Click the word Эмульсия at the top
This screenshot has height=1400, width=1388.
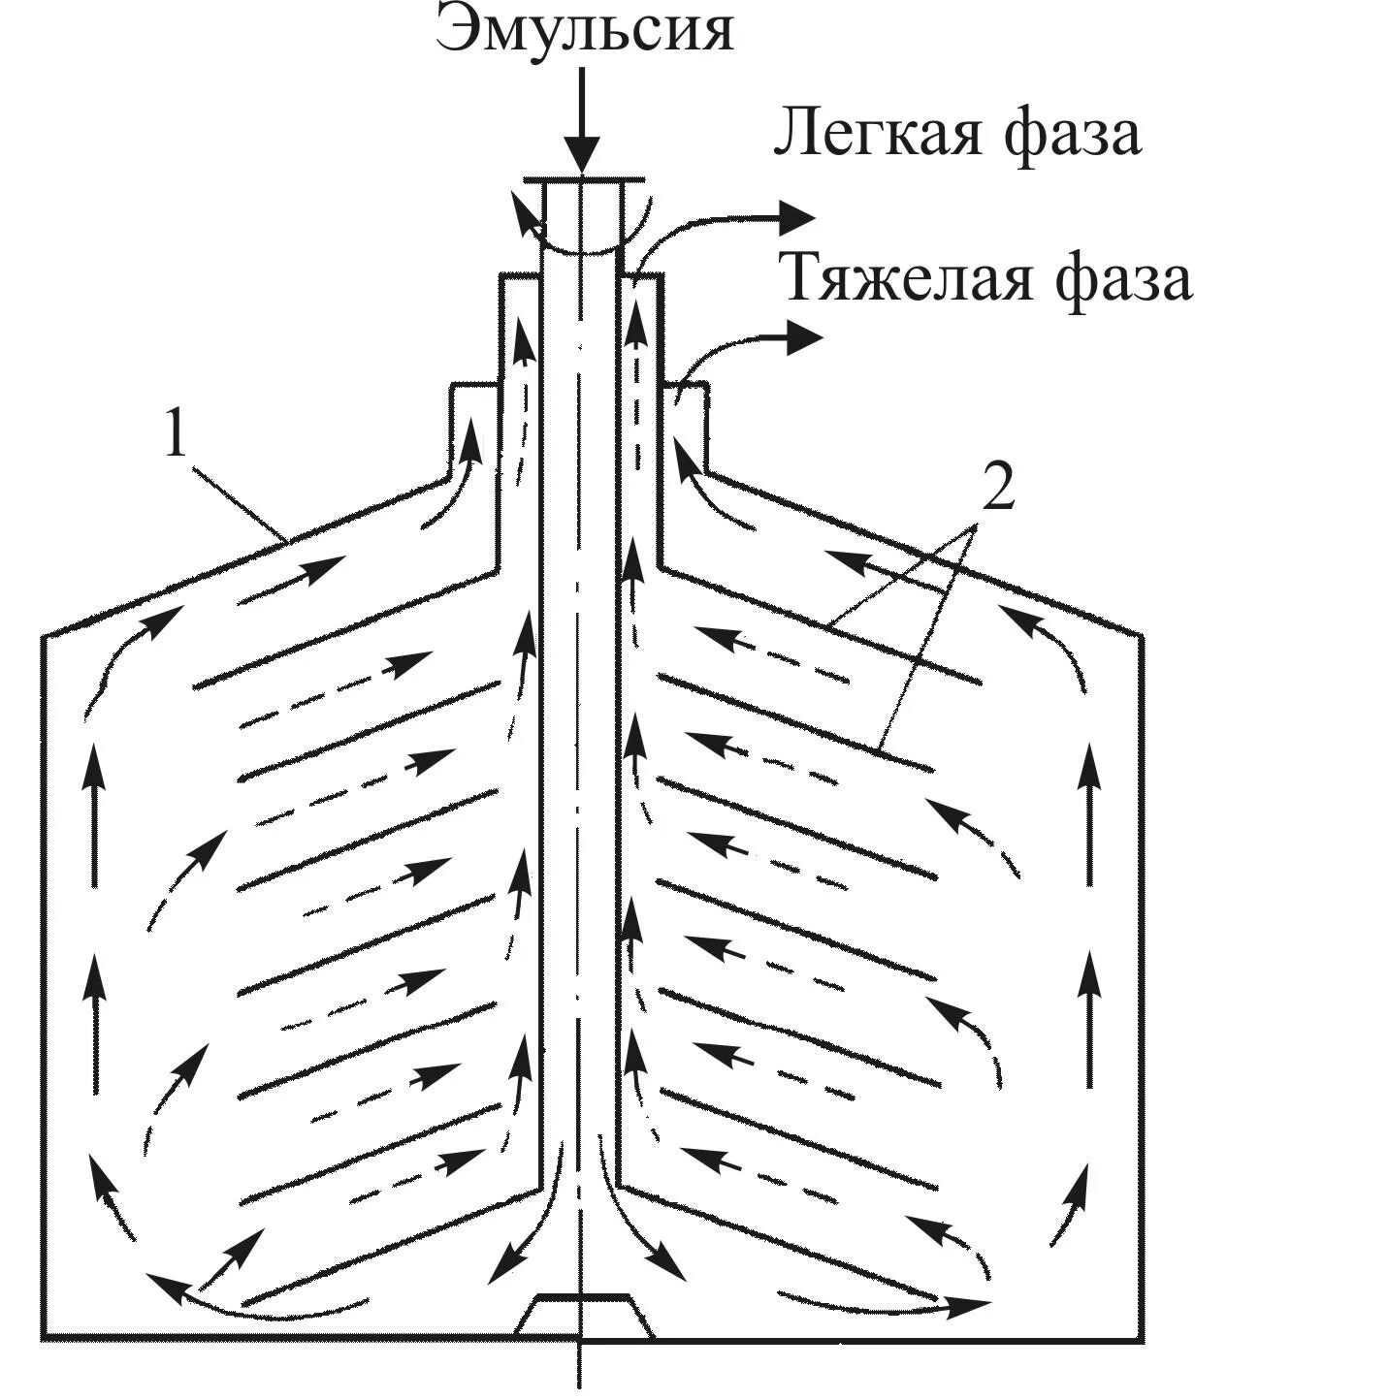coord(584,29)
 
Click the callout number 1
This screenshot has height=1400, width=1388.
coord(176,433)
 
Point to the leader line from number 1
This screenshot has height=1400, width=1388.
coord(238,500)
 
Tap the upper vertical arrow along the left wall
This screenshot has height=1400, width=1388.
coord(94,814)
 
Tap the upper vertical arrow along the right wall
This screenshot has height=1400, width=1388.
coord(1090,814)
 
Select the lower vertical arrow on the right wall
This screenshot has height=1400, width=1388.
coord(1090,1018)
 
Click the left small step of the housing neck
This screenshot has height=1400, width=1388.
coord(473,386)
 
